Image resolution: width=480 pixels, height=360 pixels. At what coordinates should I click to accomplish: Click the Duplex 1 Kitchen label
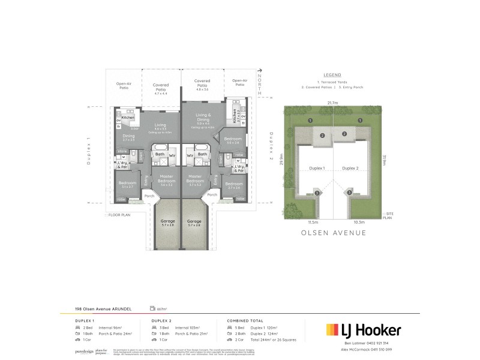[x=128, y=118]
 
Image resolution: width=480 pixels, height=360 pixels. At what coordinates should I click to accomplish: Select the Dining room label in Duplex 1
[x=128, y=137]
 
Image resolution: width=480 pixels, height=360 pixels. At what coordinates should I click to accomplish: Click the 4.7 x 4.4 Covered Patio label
[x=161, y=89]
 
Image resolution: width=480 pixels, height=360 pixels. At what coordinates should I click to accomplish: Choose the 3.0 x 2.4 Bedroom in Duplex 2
[x=232, y=140]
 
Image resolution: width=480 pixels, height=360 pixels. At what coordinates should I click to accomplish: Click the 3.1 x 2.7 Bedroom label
[x=127, y=184]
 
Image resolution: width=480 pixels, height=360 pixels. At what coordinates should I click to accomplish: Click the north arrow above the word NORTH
[x=259, y=71]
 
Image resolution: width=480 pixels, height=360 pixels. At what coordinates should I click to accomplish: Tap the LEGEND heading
[x=332, y=74]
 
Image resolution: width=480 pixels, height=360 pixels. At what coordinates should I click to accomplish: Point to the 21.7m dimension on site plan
[x=332, y=103]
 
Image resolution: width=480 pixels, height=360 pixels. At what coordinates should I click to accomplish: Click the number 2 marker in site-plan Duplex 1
[x=322, y=135]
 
